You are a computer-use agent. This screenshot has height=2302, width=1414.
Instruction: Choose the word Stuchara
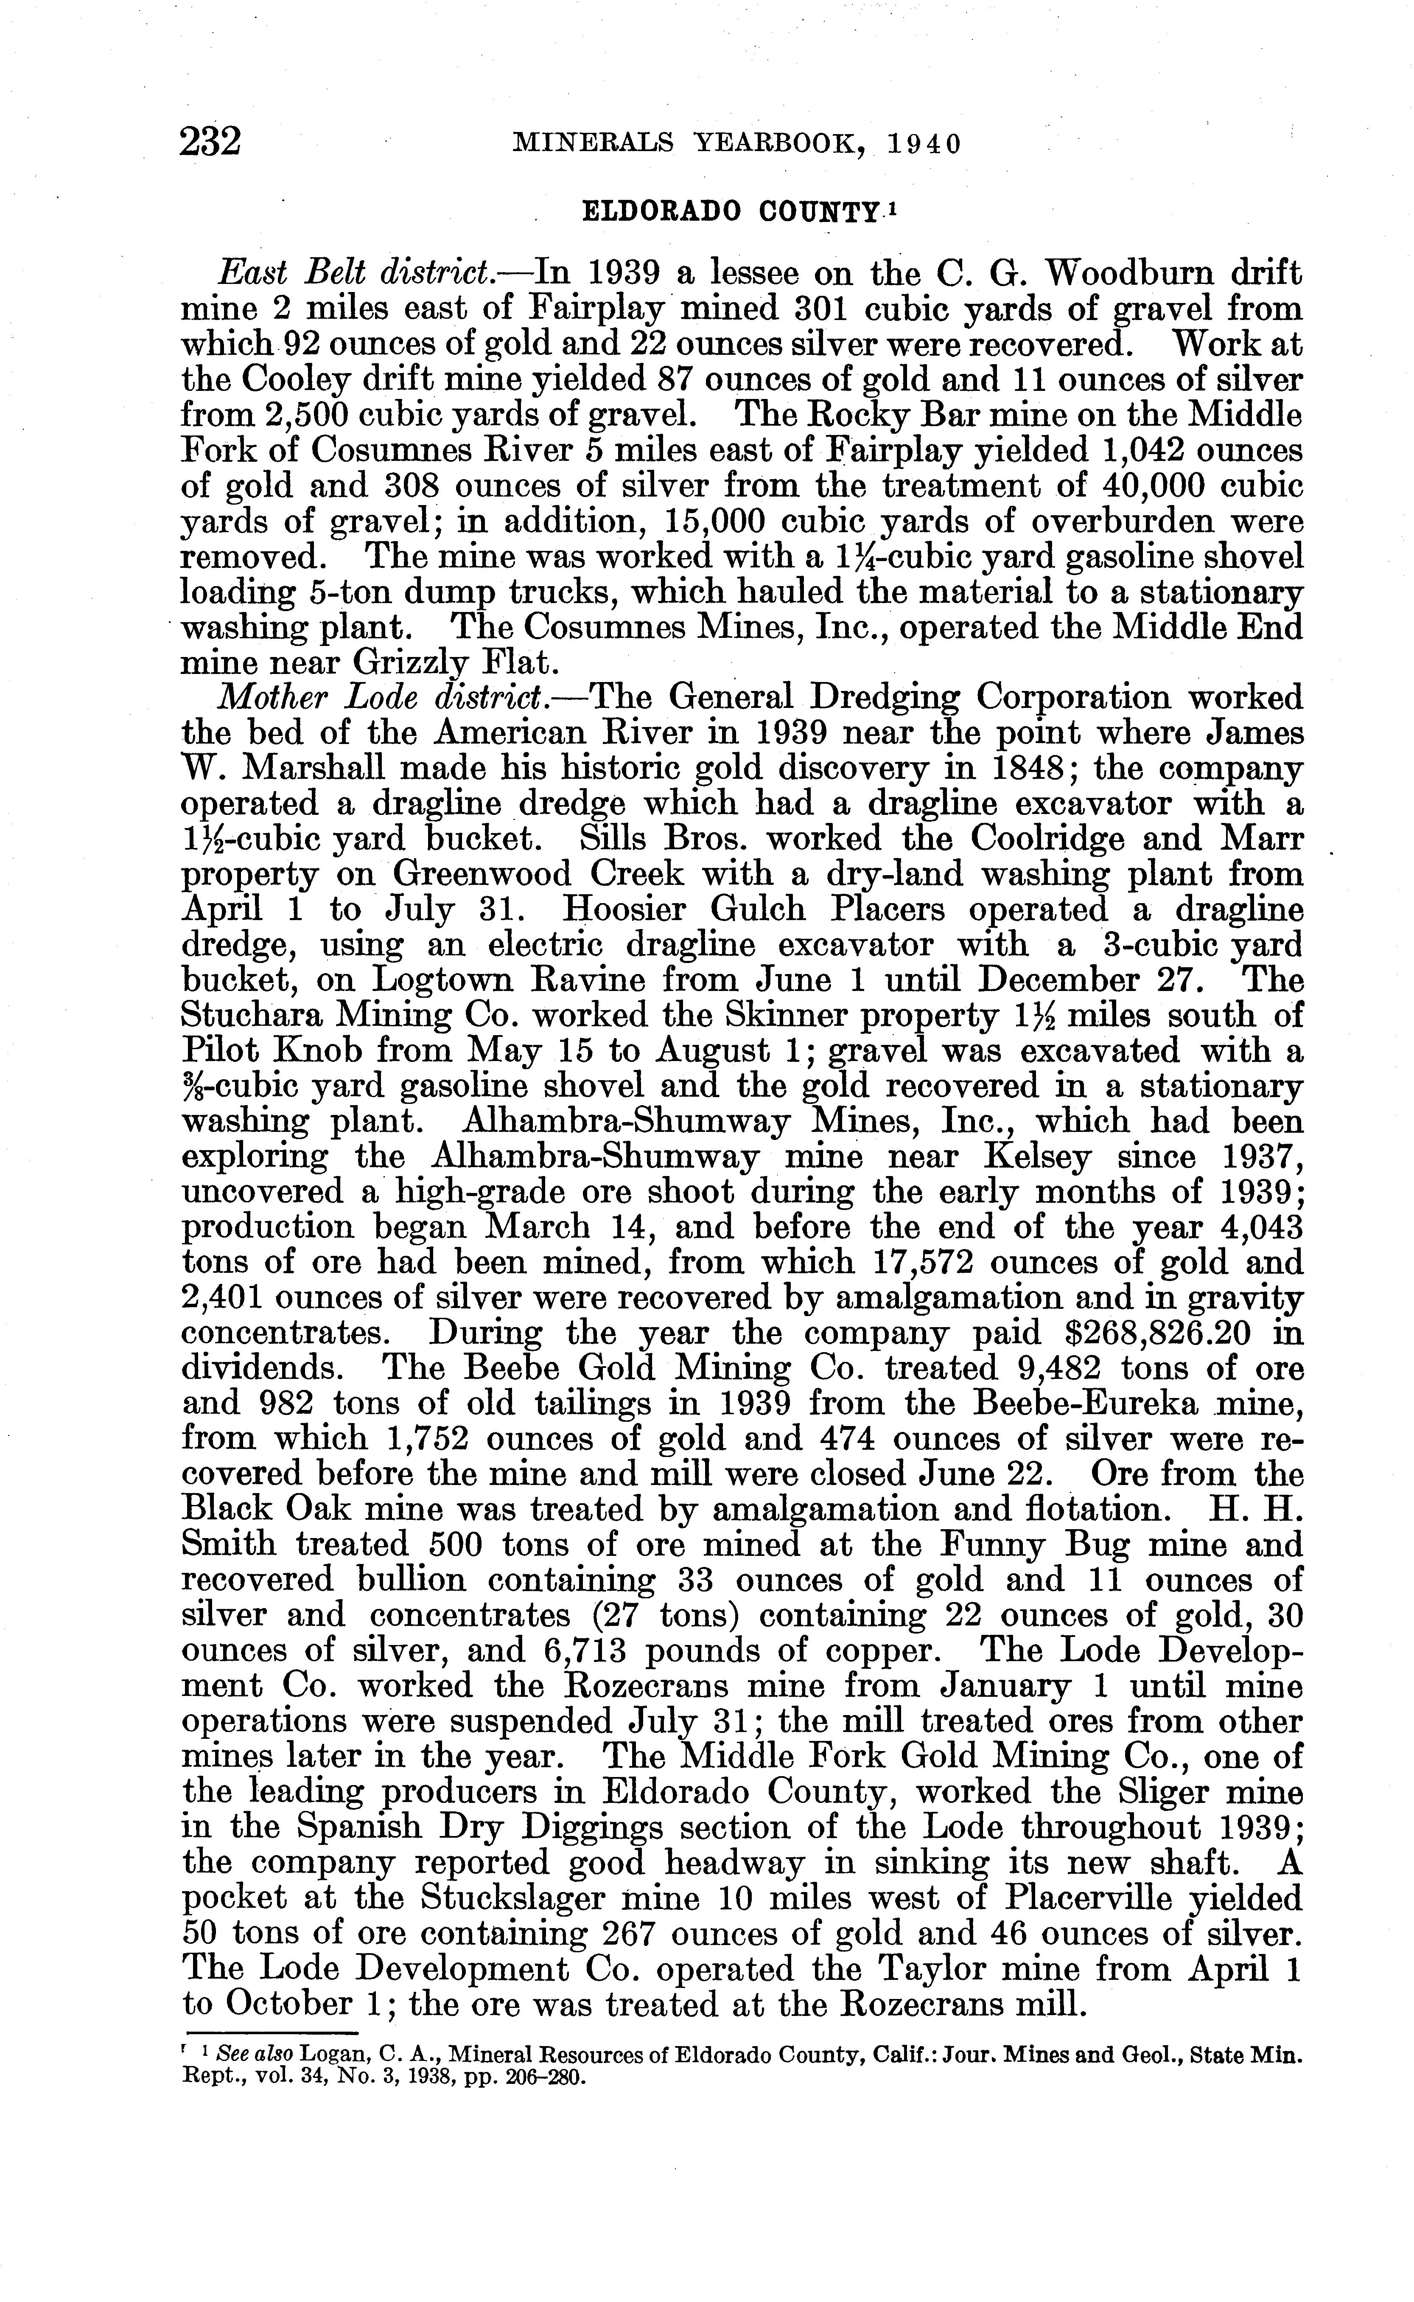click(246, 1016)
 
